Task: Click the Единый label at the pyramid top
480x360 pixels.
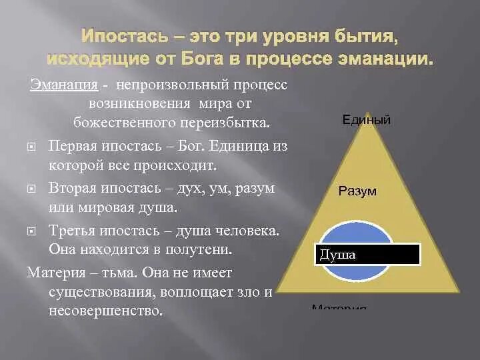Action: (366, 120)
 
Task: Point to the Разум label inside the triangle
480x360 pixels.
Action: (357, 191)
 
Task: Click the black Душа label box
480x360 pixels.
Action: (367, 255)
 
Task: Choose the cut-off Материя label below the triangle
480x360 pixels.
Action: (339, 307)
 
